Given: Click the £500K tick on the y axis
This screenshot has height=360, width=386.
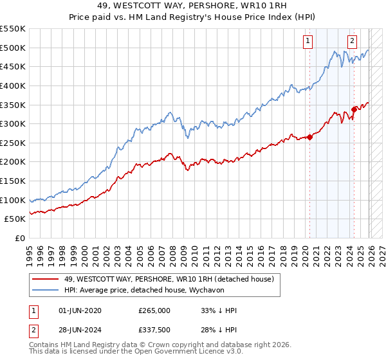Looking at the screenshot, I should tap(13, 48).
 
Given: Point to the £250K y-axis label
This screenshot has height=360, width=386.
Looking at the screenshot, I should tap(13, 143).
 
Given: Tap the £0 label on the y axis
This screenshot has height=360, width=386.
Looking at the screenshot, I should tap(19, 238).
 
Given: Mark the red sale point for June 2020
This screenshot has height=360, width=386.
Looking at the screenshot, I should tap(309, 136).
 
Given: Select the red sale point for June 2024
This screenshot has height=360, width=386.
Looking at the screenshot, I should tap(354, 109).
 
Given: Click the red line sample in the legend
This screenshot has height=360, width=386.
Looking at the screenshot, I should tap(46, 279).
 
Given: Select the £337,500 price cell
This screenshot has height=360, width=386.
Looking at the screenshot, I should tap(154, 330).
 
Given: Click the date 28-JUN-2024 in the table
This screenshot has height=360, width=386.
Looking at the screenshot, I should tap(79, 330).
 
